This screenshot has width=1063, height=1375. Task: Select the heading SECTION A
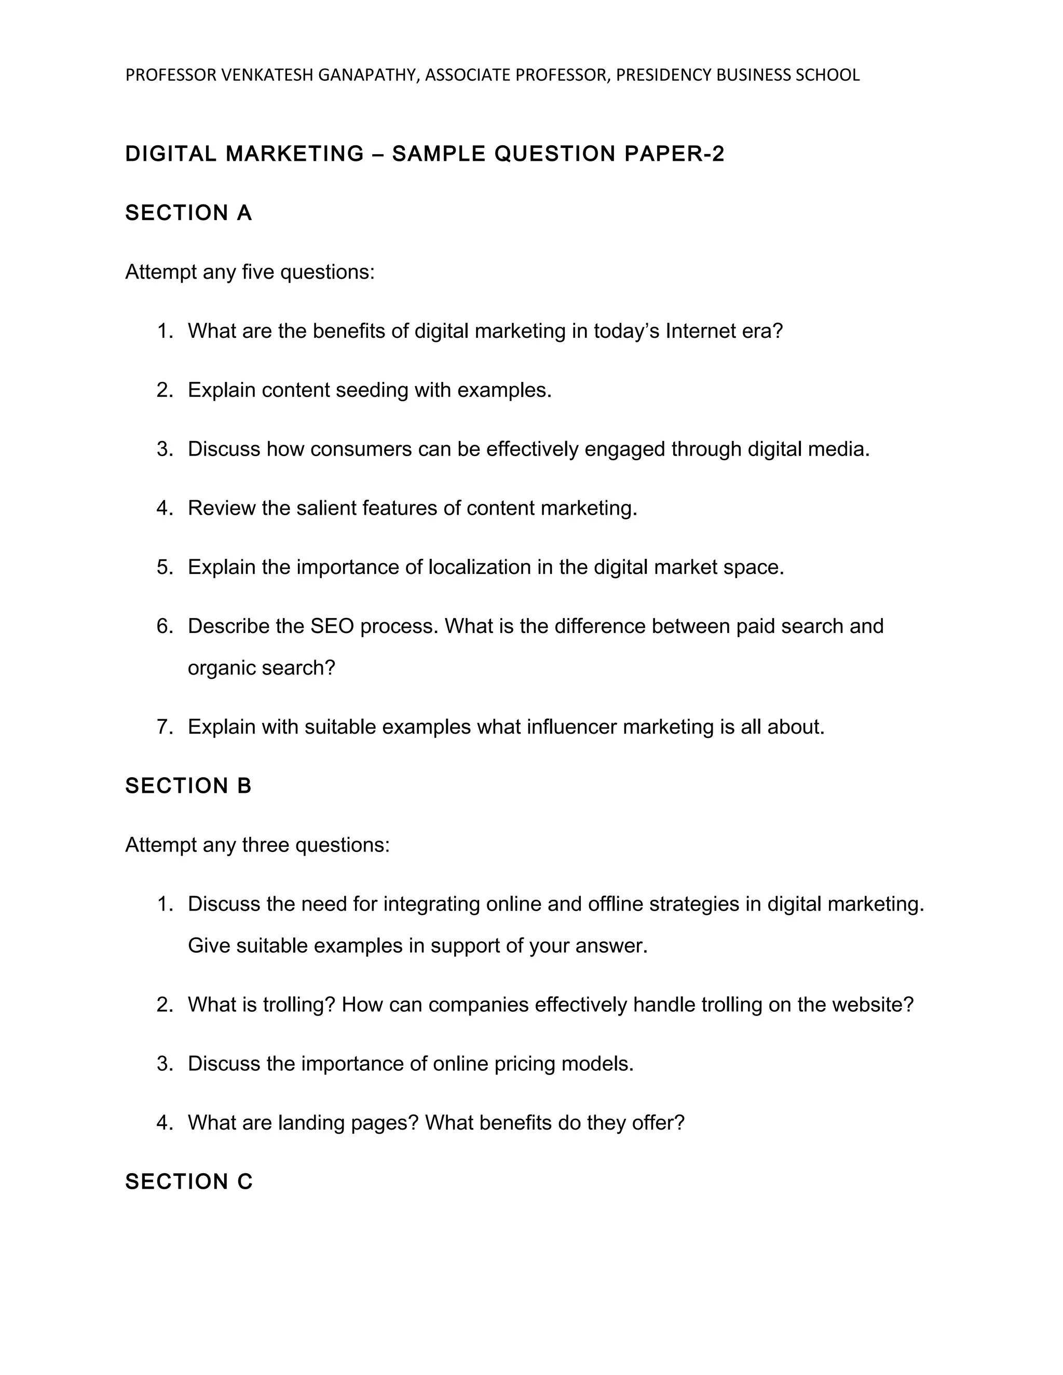[x=188, y=213]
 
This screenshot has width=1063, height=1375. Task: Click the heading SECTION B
[x=188, y=786]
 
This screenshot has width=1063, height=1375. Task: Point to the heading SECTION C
[x=189, y=1181]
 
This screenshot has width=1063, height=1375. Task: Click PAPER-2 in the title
[x=674, y=154]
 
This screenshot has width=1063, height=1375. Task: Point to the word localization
[x=479, y=567]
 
